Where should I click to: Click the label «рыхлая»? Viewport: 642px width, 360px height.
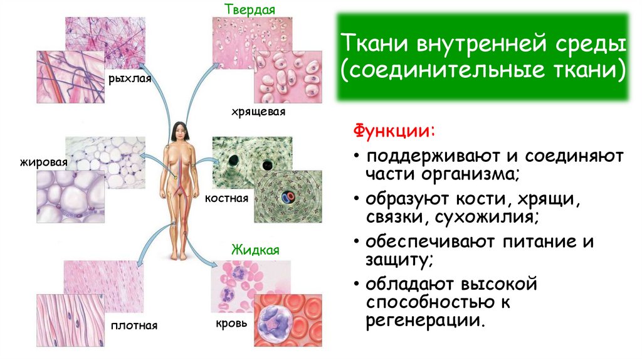tap(130, 79)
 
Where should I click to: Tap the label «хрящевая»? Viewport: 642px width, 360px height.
tap(258, 112)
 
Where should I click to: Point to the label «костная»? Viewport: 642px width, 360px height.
tap(226, 198)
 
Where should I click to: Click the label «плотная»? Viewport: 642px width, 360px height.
tap(134, 326)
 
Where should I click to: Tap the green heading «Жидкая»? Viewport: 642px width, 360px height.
tap(255, 250)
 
